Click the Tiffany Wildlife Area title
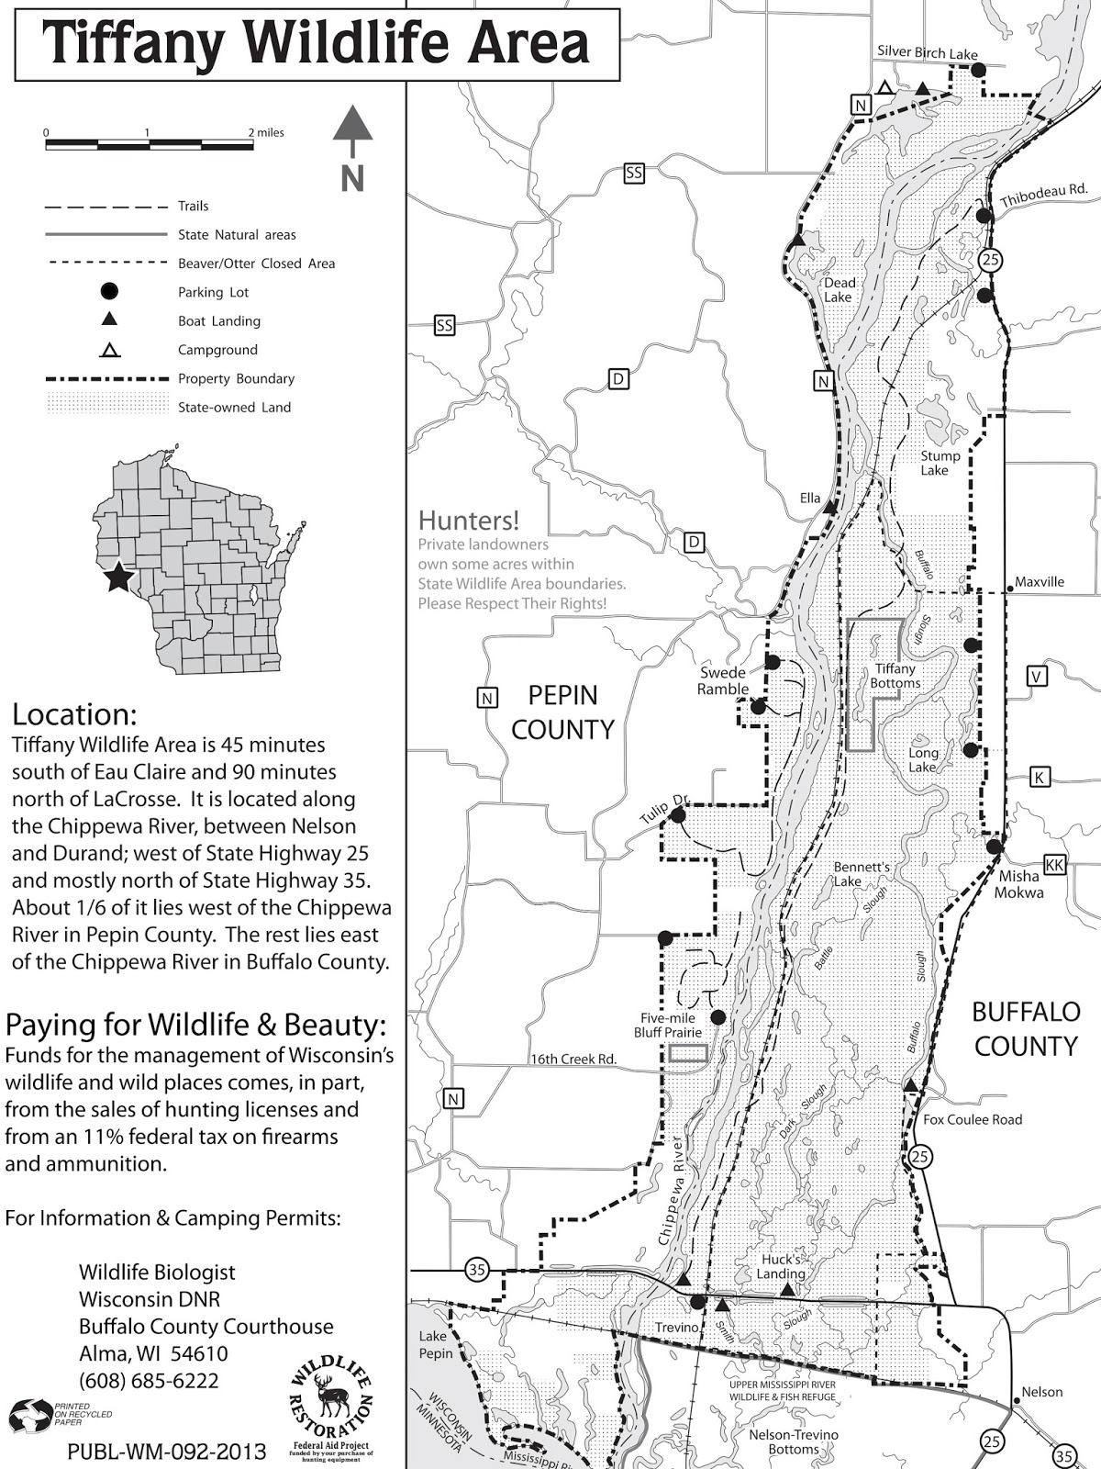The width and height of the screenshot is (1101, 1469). [x=317, y=43]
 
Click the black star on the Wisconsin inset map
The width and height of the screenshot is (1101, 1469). [x=117, y=578]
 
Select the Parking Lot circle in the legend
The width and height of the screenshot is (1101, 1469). [x=109, y=292]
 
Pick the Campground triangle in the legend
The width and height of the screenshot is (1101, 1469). [x=109, y=350]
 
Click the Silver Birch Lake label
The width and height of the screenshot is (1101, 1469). [x=927, y=53]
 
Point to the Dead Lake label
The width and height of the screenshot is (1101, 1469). [x=839, y=290]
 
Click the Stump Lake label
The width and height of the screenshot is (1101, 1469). [x=940, y=463]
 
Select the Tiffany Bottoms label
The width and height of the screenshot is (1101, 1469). [x=895, y=676]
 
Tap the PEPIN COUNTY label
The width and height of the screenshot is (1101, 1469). [x=562, y=712]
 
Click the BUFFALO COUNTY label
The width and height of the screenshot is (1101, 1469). [x=1025, y=1029]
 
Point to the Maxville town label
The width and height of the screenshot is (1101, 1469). [x=1040, y=582]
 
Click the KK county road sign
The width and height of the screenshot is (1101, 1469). [x=1054, y=865]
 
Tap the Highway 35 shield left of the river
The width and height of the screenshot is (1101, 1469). [x=476, y=1271]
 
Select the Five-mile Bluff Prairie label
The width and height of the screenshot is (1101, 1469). [x=667, y=1026]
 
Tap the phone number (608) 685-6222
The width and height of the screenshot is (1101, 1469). [x=149, y=1381]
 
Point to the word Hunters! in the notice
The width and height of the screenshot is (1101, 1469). [x=468, y=521]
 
